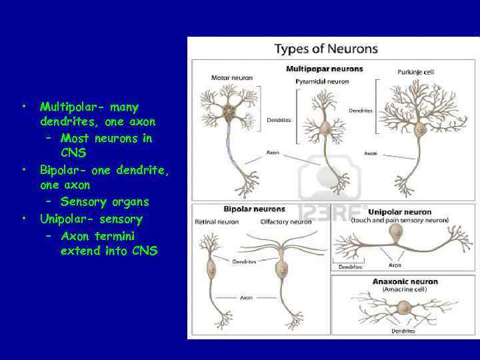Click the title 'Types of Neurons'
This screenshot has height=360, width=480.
[x=326, y=49]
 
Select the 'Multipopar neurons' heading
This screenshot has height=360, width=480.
[x=324, y=69]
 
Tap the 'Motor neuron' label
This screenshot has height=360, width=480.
[x=231, y=78]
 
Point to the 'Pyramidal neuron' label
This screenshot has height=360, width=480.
[x=322, y=81]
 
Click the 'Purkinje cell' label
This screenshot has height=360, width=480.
[x=417, y=73]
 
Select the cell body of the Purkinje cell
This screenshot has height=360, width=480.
[x=421, y=129]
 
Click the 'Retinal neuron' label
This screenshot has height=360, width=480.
[x=216, y=221]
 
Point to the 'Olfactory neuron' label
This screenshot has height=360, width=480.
[x=286, y=221]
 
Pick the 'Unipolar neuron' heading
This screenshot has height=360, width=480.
[x=399, y=212]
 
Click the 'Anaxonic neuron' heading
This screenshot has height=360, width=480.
[x=405, y=281]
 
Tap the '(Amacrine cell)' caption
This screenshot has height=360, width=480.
[x=405, y=290]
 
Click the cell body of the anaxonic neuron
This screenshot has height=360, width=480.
[x=404, y=307]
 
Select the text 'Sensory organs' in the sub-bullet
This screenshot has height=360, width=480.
[x=105, y=201]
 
